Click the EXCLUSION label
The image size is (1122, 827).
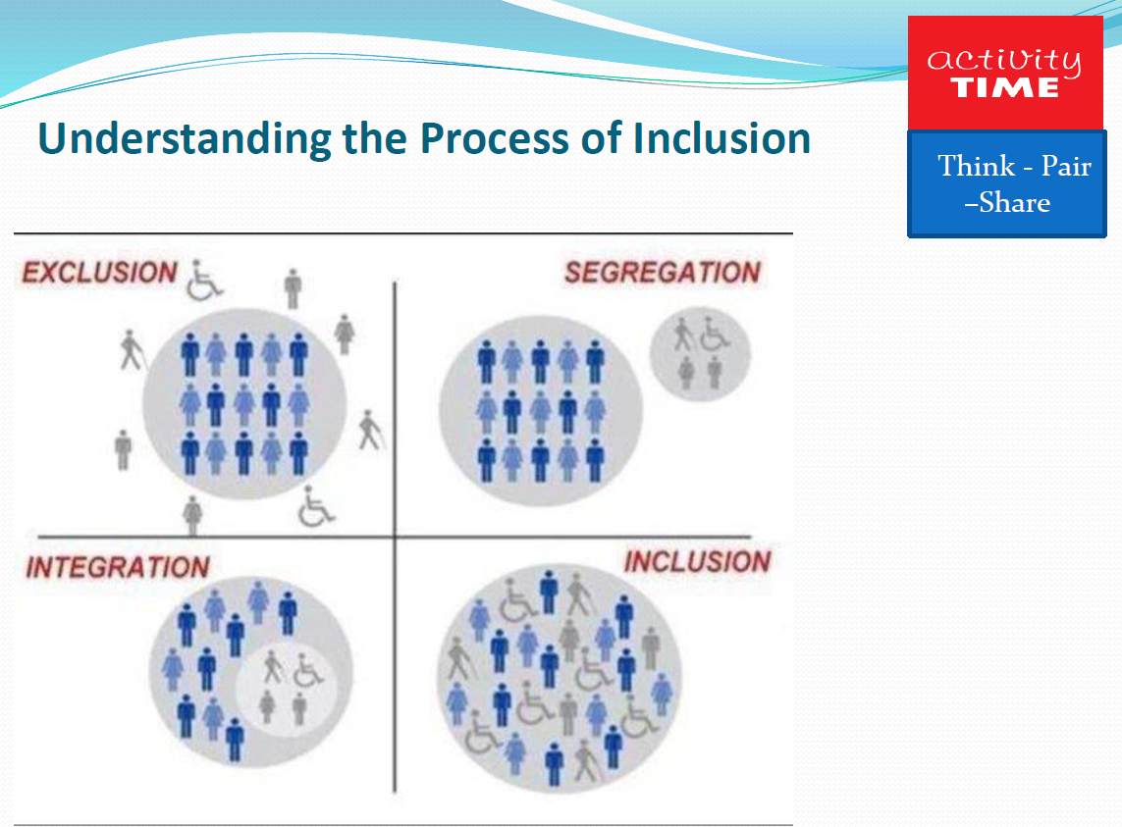99,273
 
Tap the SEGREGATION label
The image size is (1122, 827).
663,273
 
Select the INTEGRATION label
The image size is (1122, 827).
118,567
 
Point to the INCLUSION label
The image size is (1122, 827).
698,561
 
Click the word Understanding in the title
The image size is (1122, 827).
186,139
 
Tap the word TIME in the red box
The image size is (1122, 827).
1004,88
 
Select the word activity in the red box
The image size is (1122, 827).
1004,60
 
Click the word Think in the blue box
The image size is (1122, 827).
976,166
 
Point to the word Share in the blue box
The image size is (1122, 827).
1014,202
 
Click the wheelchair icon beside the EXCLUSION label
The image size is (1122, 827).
204,280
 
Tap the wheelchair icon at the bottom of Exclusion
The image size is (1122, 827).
315,506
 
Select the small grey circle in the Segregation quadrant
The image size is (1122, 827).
700,354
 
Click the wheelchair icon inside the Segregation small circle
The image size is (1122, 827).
715,334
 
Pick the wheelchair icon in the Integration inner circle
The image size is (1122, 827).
307,671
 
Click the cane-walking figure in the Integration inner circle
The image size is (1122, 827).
273,667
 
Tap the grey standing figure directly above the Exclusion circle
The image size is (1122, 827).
292,288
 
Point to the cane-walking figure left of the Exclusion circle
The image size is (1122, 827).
131,350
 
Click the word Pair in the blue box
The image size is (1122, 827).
1066,166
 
